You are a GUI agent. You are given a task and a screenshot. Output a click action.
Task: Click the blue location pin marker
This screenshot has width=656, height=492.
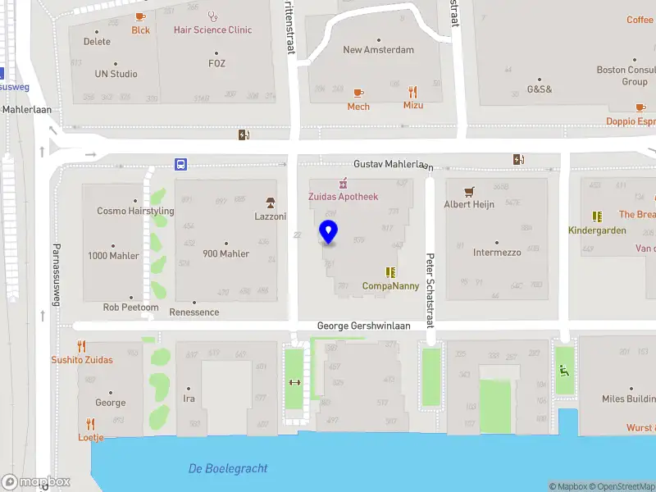pos(328,232)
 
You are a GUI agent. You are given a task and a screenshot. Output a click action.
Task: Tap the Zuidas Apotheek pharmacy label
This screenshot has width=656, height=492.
pos(343,197)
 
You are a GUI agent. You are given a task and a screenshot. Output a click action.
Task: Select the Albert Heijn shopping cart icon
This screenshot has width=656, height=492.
pos(469,191)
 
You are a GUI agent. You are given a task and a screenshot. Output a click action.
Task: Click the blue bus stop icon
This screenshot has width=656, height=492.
pos(180,164)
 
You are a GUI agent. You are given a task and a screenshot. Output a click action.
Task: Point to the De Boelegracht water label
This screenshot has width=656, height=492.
pos(228,468)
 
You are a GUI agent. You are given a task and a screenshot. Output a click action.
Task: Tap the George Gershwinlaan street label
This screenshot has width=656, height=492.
pos(363,326)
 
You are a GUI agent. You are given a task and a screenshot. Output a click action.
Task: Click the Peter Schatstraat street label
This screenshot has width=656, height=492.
pos(429,292)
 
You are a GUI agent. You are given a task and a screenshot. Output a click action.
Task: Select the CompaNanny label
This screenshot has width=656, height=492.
pos(390,286)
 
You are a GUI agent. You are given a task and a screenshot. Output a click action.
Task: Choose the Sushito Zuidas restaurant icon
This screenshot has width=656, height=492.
pos(81,346)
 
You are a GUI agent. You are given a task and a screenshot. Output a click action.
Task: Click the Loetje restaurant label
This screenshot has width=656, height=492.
pos(90,437)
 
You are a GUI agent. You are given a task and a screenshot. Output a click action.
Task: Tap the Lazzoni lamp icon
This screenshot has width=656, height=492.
pos(269,203)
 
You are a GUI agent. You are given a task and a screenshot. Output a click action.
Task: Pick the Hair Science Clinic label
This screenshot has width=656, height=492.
pos(212,30)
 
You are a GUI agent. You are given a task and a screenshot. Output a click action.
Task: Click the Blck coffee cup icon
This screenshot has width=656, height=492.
pos(140,16)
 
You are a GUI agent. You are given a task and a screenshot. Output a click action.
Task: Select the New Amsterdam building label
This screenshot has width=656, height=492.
pos(378,49)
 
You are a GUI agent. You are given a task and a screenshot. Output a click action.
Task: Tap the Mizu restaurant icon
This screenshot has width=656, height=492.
pos(412,93)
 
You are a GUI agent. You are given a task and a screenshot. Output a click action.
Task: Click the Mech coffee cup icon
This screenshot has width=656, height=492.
pos(358,93)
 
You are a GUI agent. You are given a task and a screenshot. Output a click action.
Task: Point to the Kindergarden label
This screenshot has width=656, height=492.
pos(597,230)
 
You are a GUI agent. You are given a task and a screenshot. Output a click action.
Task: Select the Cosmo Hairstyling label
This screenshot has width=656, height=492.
pos(135,211)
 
